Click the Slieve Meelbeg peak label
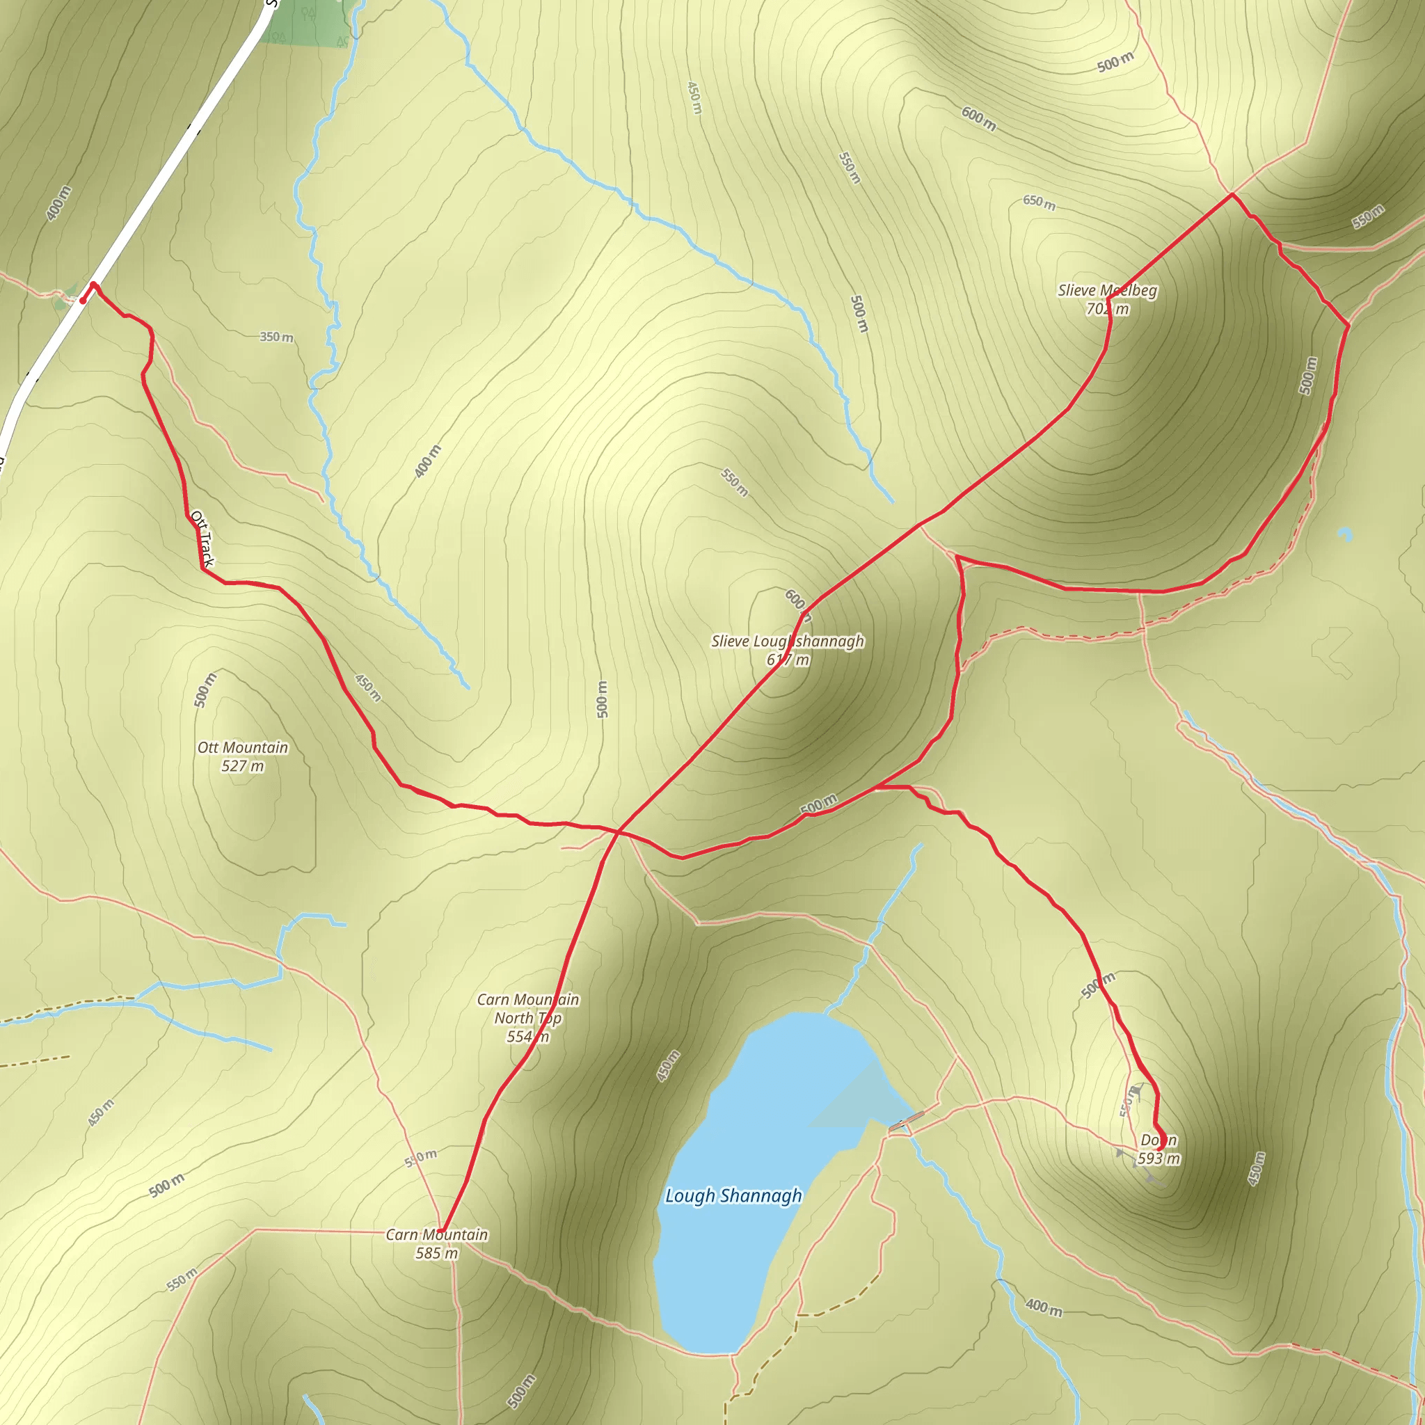[1107, 299]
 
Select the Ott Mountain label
[243, 757]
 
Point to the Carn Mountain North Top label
[528, 1018]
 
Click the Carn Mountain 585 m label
[437, 1243]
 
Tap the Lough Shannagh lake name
[733, 1195]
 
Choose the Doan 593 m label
[1159, 1149]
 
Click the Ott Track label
[202, 539]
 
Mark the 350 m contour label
[277, 337]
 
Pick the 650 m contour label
[1039, 202]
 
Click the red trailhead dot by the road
[83, 300]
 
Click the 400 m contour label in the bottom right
[1044, 1307]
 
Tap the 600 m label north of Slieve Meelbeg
[979, 118]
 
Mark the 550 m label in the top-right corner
[1368, 217]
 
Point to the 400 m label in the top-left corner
[58, 204]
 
